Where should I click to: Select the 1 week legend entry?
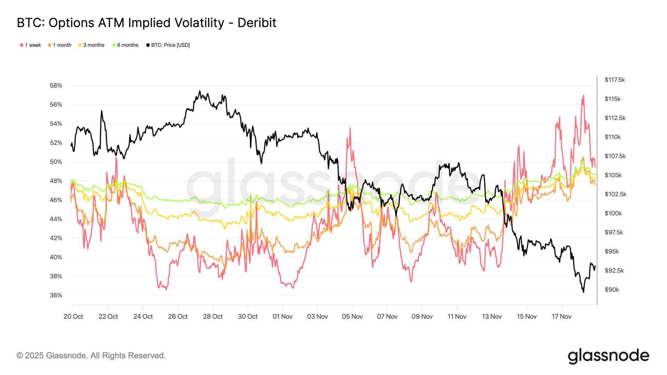[31, 45]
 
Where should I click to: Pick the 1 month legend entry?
[60, 45]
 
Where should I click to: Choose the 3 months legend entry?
[92, 45]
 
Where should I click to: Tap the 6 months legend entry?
[126, 45]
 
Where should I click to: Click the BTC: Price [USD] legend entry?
[168, 45]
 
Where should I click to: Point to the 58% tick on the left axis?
[56, 85]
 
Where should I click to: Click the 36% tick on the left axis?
[56, 295]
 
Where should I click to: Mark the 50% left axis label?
[56, 162]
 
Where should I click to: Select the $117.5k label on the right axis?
[615, 80]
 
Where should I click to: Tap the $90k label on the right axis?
[612, 290]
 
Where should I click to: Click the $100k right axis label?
[613, 213]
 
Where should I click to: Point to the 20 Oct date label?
[73, 316]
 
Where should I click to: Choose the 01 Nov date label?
[282, 316]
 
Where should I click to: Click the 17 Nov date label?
[561, 316]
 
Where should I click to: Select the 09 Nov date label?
[422, 316]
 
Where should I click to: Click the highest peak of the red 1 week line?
[583, 95]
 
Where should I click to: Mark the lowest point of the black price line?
[583, 292]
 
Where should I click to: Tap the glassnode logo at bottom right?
[608, 356]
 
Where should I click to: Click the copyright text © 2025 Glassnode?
[91, 356]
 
